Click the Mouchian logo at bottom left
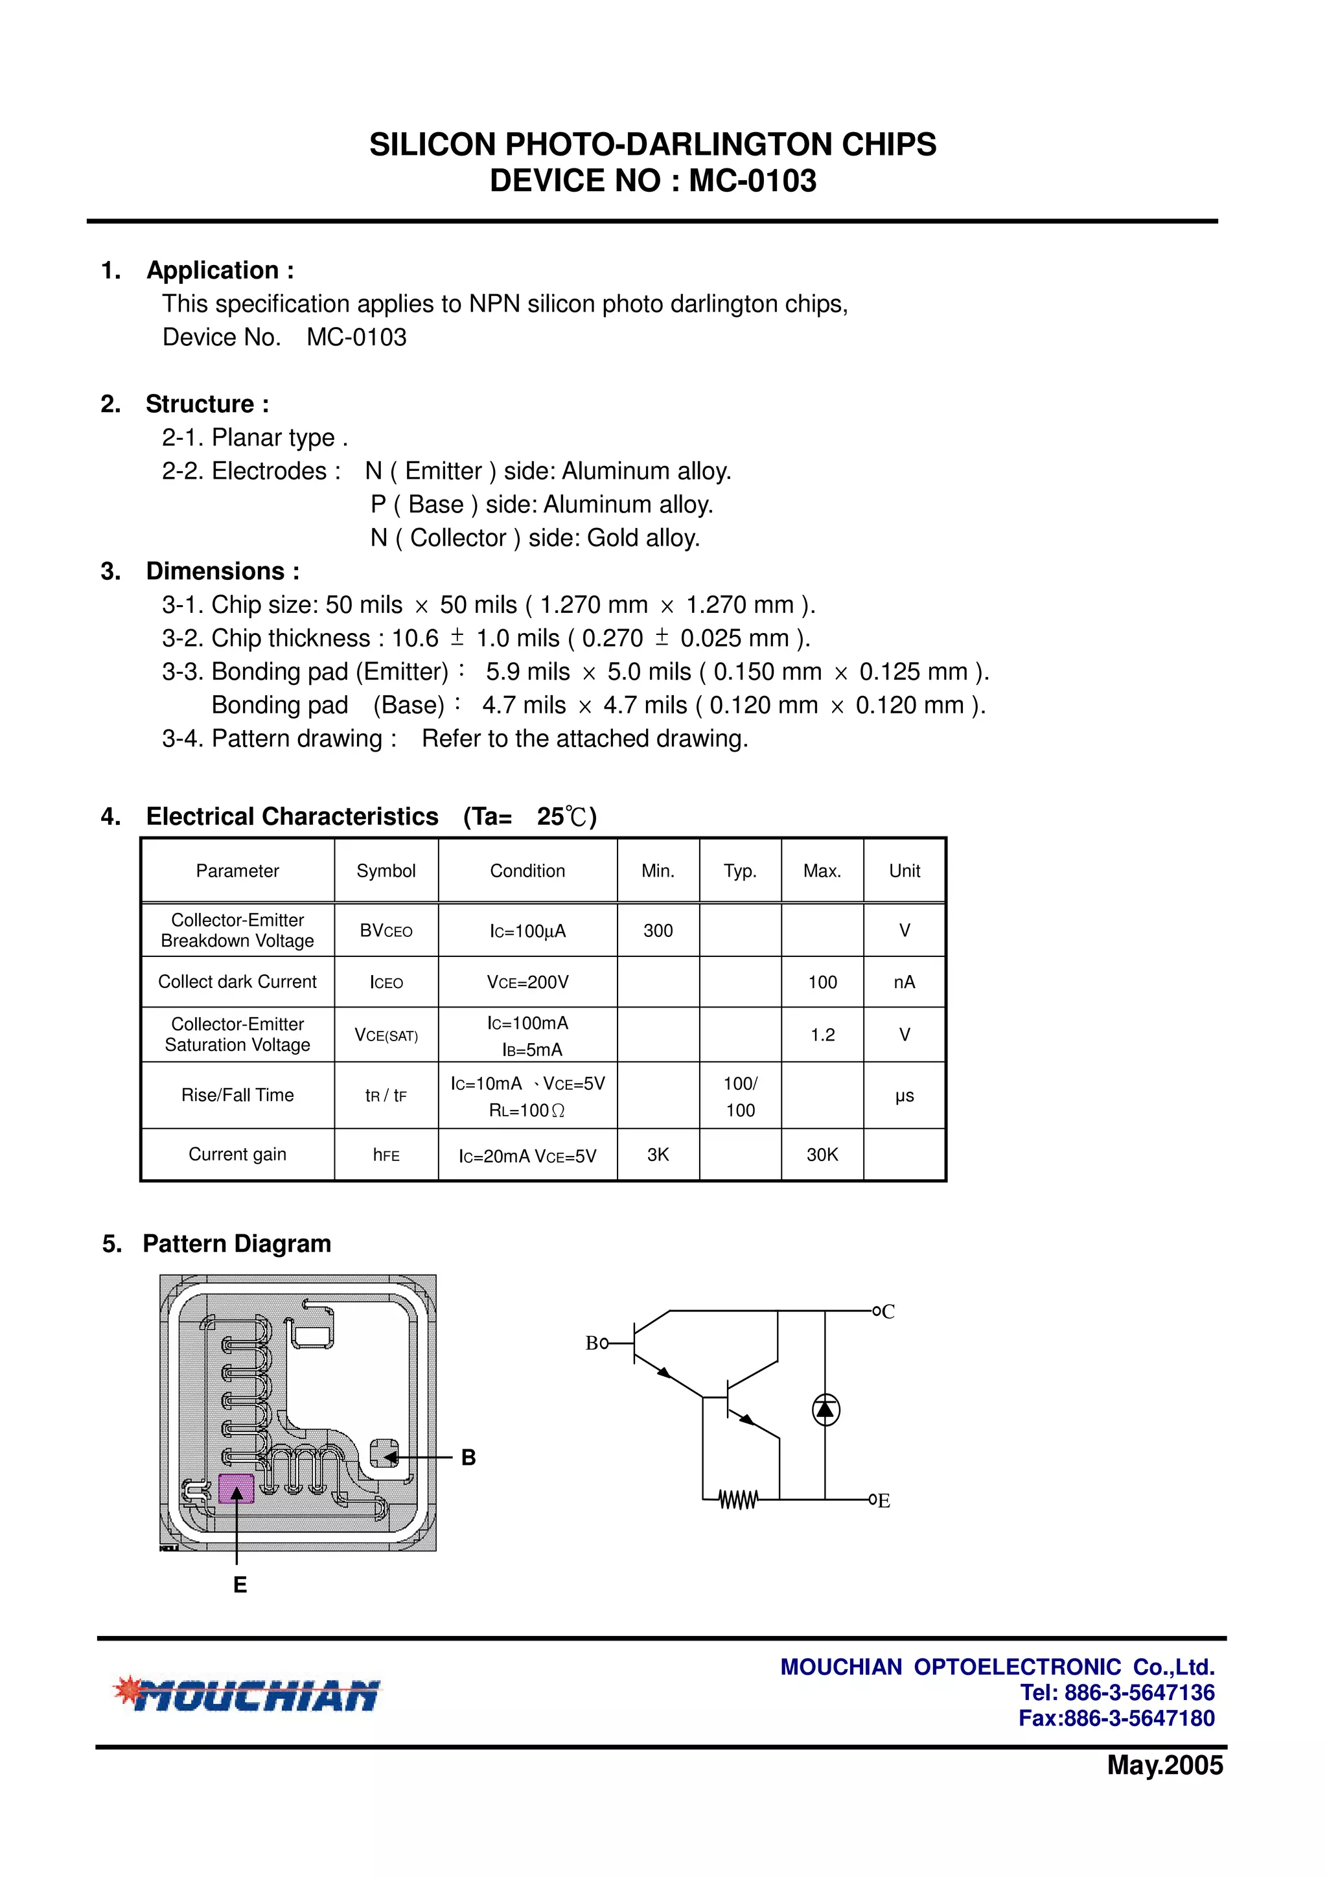click(x=246, y=1695)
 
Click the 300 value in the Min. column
click(x=658, y=930)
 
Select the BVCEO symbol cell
click(x=386, y=930)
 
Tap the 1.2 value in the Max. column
click(x=822, y=1035)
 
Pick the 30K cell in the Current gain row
click(x=822, y=1155)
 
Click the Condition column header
click(x=527, y=871)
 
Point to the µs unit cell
click(x=905, y=1096)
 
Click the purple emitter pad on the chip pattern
click(x=237, y=1489)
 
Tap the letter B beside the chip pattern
click(x=468, y=1458)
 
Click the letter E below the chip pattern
click(x=240, y=1585)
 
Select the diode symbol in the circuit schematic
click(x=825, y=1409)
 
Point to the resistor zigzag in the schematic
click(x=738, y=1500)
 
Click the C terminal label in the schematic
click(x=889, y=1312)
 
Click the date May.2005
click(x=1164, y=1766)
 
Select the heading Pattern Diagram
click(x=237, y=1243)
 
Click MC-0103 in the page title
click(x=752, y=181)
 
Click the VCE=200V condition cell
click(x=527, y=982)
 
